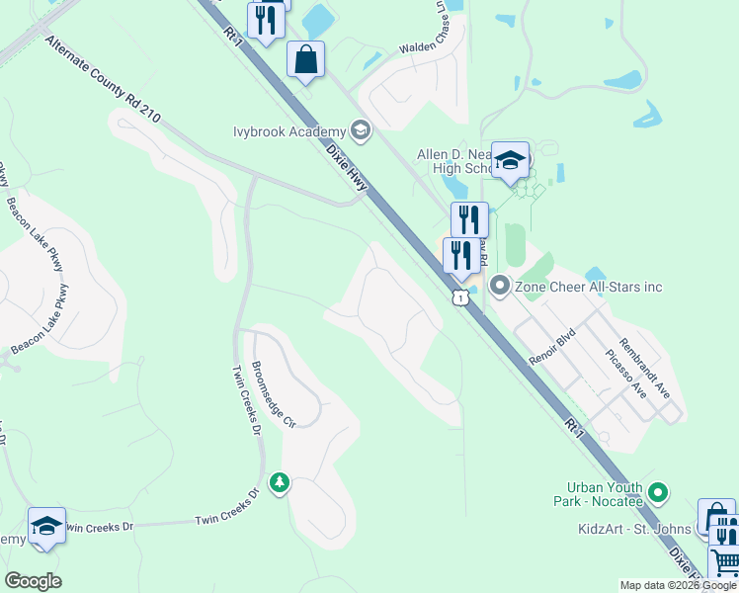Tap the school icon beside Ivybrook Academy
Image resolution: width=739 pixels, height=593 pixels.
click(x=360, y=130)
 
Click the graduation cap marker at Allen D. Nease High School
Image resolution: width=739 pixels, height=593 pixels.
click(x=510, y=160)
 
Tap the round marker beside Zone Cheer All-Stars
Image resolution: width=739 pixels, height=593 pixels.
click(x=499, y=287)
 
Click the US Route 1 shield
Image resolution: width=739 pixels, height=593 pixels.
click(x=459, y=297)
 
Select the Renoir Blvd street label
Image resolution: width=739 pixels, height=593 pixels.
click(x=551, y=349)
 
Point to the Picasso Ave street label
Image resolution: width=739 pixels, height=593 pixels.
click(x=627, y=375)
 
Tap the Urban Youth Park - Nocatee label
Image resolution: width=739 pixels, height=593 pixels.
click(x=605, y=493)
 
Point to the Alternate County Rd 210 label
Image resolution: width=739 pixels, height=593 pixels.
click(x=103, y=80)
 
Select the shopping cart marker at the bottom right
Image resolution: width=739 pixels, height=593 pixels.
click(x=724, y=562)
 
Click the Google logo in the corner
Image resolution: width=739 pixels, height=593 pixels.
click(x=33, y=581)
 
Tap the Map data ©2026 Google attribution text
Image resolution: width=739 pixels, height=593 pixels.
click(x=679, y=585)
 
